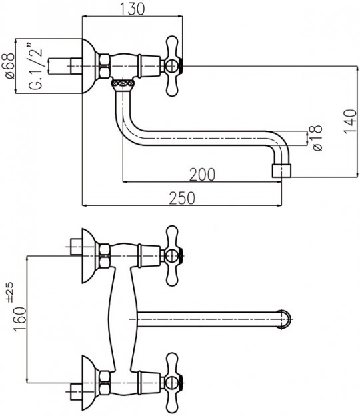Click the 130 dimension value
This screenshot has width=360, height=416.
point(133,9)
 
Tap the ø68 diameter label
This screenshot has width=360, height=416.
point(10,66)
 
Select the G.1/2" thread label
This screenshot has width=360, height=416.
point(35,65)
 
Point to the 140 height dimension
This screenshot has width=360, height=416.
point(350,121)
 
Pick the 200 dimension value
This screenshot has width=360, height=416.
point(202,175)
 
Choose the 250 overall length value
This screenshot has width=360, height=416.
point(182,198)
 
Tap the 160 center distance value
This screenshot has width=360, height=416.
point(20,319)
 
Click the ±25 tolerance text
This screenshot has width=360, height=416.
point(10,292)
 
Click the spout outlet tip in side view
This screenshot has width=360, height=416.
point(282,171)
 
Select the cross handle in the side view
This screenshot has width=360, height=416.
point(173,66)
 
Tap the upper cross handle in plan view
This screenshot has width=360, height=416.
point(173,256)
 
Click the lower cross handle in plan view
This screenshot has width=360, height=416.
point(173,383)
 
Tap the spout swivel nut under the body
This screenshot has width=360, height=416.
point(123,84)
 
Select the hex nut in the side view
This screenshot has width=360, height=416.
point(104,66)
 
